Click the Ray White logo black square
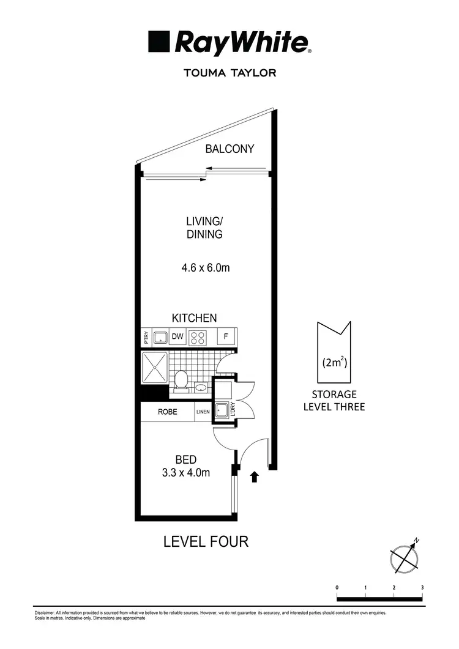(x=159, y=43)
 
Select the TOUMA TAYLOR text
(x=229, y=73)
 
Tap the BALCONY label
(x=229, y=149)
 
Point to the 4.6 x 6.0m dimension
(x=205, y=267)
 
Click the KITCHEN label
(x=194, y=318)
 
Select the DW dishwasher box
(x=177, y=336)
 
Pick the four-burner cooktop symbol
(x=198, y=336)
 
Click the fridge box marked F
(x=226, y=336)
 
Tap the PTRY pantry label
(x=146, y=336)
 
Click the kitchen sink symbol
(x=160, y=336)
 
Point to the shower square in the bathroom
(x=154, y=366)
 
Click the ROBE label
(x=168, y=412)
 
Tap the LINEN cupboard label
(x=203, y=412)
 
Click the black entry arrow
(x=255, y=477)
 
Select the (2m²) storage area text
(x=334, y=362)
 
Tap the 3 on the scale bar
(x=422, y=587)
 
